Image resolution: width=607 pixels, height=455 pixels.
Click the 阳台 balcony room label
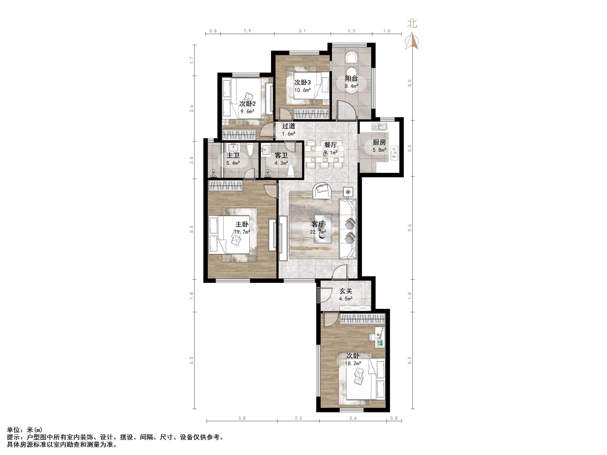tap(351, 78)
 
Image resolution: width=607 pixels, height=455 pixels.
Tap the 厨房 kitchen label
tap(379, 142)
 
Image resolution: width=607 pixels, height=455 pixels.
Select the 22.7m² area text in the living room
tap(318, 232)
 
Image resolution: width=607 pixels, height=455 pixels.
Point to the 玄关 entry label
tap(346, 291)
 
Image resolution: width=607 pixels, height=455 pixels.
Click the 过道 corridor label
tap(289, 126)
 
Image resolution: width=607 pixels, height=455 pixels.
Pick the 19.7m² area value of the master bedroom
tap(242, 232)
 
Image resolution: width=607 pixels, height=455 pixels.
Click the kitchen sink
tap(379, 127)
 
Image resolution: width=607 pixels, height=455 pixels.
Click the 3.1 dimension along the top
tap(302, 31)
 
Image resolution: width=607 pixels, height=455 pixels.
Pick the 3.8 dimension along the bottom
tap(242, 418)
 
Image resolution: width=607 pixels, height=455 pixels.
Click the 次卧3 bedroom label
tap(303, 82)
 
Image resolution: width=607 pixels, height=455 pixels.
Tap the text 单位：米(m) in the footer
tap(25, 430)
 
